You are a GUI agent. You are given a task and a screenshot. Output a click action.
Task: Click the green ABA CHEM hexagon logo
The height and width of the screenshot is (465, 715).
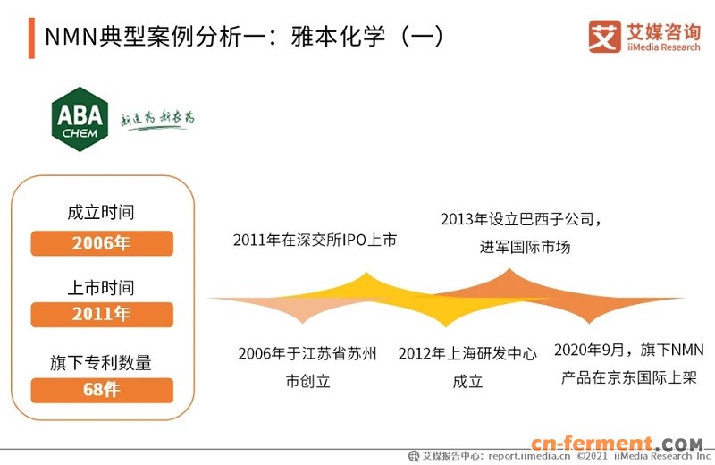click(x=80, y=119)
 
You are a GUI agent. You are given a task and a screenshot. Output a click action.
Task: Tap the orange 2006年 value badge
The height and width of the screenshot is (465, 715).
click(x=102, y=243)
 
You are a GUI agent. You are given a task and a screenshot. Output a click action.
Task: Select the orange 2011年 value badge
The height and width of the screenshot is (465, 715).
click(x=102, y=315)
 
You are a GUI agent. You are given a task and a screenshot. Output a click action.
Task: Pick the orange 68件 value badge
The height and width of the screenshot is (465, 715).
click(x=102, y=390)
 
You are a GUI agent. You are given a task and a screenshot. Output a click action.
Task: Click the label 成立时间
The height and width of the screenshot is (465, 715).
click(x=101, y=214)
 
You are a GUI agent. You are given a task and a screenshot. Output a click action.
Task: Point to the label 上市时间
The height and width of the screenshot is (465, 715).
click(x=101, y=288)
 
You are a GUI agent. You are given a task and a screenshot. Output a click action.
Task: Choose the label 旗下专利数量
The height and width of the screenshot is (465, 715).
click(x=101, y=362)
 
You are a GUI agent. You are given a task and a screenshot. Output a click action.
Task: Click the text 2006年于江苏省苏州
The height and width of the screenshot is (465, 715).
click(x=307, y=353)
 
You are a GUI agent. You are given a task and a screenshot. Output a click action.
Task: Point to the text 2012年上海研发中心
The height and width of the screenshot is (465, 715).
click(x=467, y=353)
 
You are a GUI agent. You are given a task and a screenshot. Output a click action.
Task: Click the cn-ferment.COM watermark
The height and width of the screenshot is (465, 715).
click(x=617, y=444)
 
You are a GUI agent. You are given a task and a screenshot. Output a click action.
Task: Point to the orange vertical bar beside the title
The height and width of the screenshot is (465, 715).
click(x=32, y=38)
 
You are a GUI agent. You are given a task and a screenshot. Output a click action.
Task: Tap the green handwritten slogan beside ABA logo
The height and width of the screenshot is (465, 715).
click(x=157, y=120)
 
